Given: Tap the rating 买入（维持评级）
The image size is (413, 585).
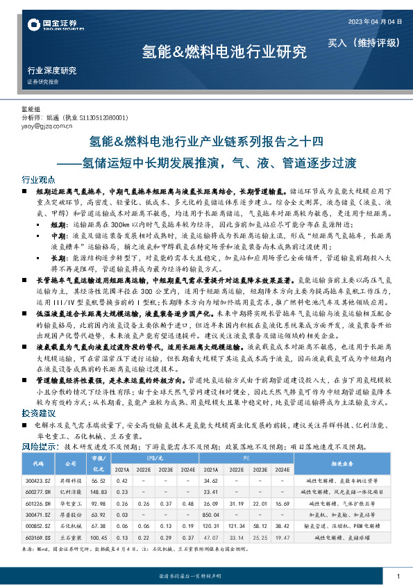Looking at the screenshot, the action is (x=364, y=42).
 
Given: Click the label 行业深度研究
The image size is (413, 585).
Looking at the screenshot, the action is (x=51, y=71).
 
